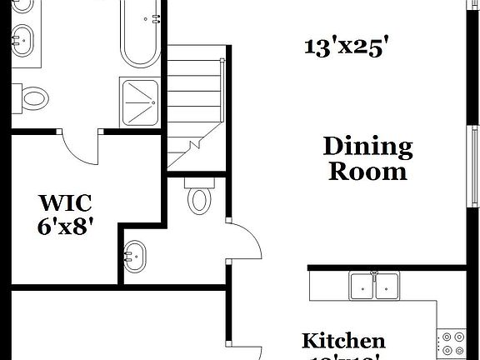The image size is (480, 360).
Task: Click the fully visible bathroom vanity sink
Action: pyautogui.click(x=24, y=37)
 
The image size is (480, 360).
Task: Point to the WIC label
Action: pyautogui.click(x=65, y=202)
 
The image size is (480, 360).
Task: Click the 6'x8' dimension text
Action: pyautogui.click(x=65, y=226)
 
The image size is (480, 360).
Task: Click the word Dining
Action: pyautogui.click(x=367, y=148)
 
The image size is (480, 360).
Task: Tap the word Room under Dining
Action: pyautogui.click(x=367, y=172)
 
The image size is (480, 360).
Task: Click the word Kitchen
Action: pyautogui.click(x=343, y=340)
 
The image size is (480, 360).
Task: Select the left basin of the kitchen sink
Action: pyautogui.click(x=362, y=287)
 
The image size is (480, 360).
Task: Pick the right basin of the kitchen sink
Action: pyautogui.click(x=387, y=287)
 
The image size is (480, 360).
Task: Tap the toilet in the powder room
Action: pyautogui.click(x=200, y=197)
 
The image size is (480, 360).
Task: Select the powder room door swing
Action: pyautogui.click(x=243, y=242)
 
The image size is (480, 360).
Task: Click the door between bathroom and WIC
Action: pyautogui.click(x=82, y=147)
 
